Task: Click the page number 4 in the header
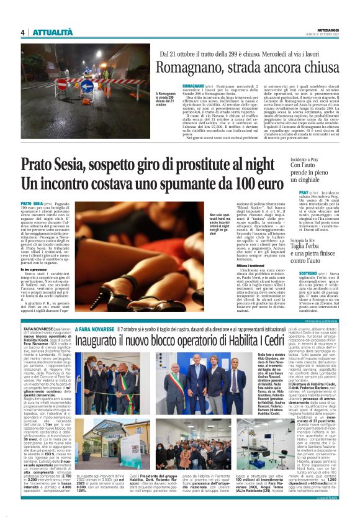[22, 32]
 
